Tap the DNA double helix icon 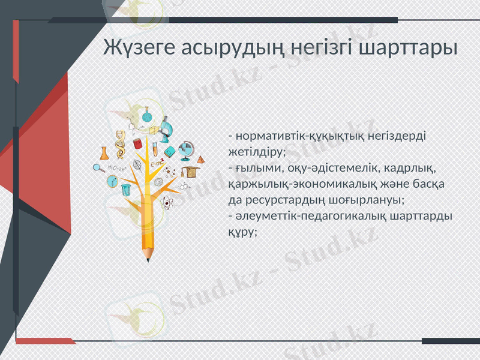point(121,143)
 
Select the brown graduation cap point(190,172)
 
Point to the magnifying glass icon point(100,167)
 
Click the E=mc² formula point(156,164)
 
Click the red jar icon point(137,144)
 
